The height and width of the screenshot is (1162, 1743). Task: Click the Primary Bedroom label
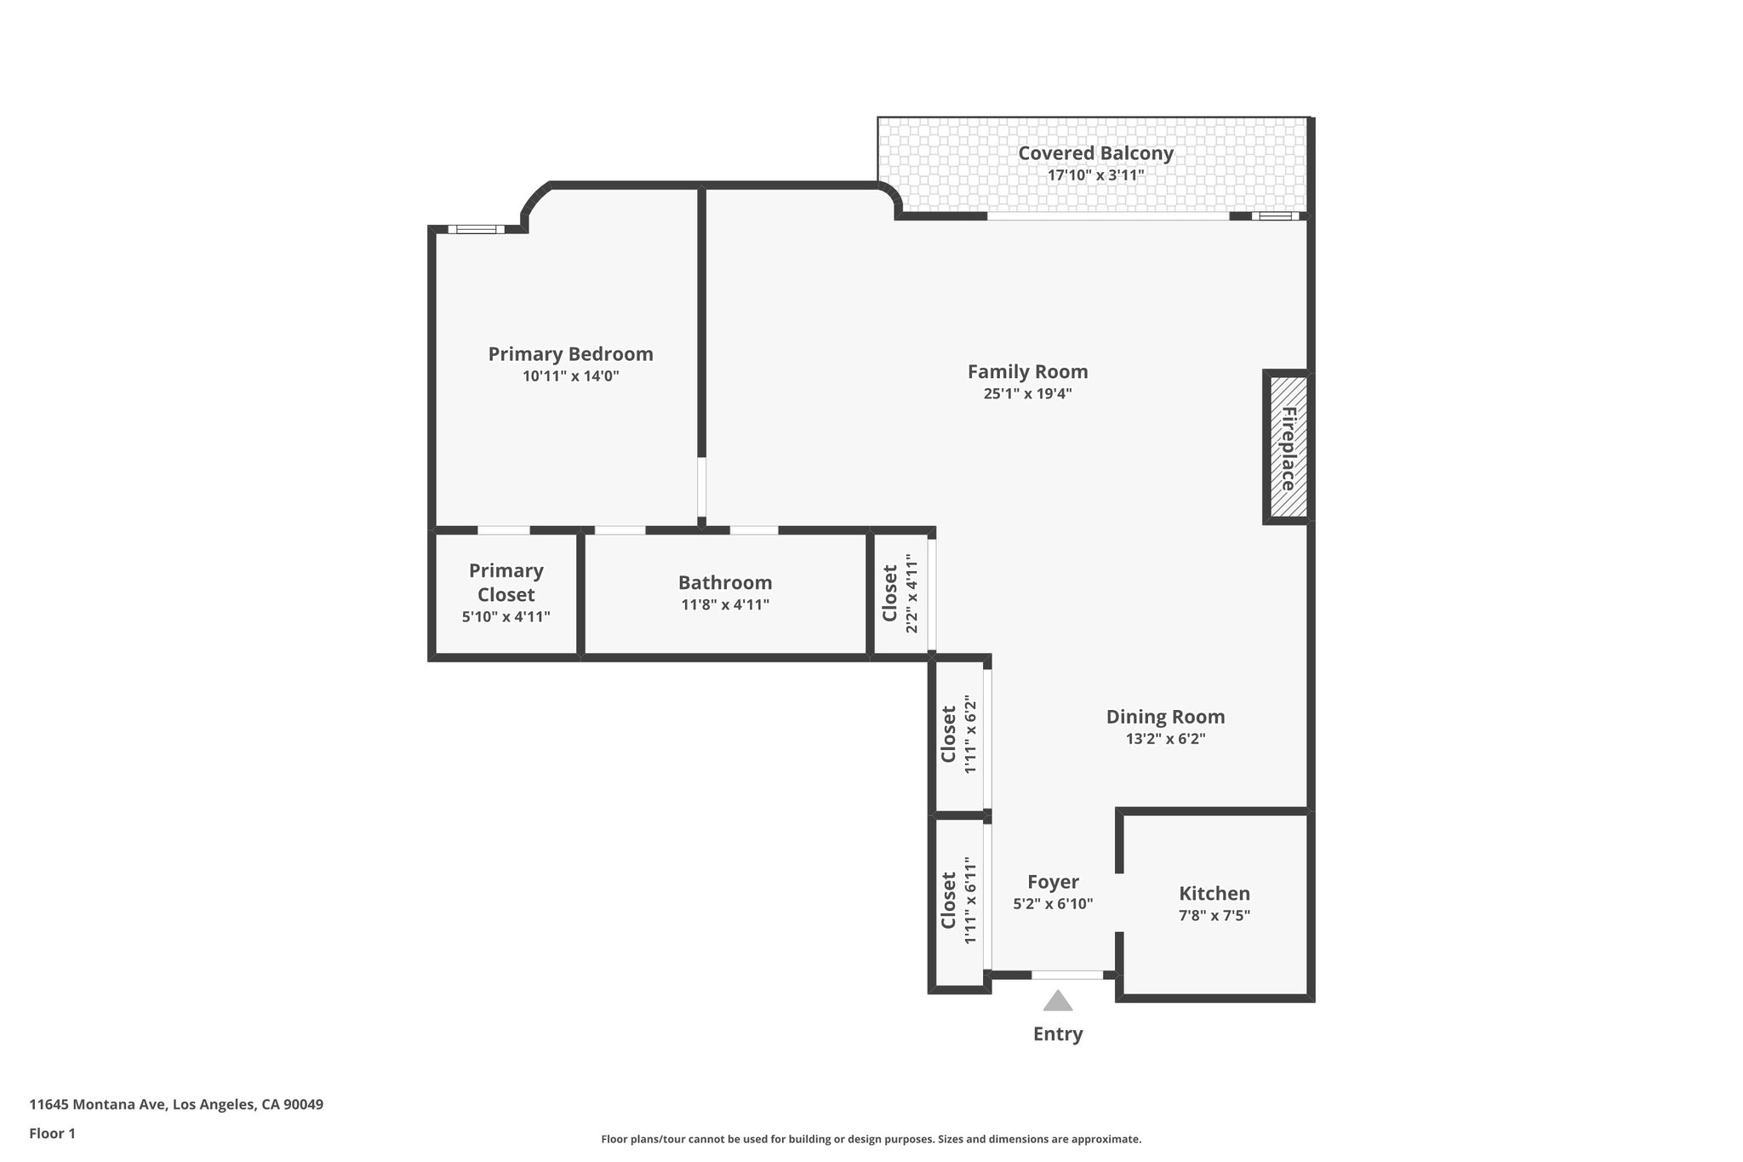570,354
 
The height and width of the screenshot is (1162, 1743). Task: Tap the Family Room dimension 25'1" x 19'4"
1027,394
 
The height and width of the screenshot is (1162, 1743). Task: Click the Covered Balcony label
1095,153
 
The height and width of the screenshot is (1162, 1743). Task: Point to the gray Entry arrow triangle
1058,1001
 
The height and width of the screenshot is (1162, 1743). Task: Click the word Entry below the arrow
1058,1034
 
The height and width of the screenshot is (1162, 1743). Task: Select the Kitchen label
1214,894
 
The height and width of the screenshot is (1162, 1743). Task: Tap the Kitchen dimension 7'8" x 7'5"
1214,916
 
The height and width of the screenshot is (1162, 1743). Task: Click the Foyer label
1053,882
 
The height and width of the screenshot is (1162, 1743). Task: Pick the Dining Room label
1165,717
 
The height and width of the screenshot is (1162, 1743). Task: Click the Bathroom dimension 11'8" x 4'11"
725,605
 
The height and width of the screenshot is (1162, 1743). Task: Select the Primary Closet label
506,582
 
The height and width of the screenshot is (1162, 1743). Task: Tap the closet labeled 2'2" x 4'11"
900,593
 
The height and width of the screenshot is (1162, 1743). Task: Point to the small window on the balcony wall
1275,216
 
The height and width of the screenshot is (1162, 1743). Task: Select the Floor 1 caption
52,1134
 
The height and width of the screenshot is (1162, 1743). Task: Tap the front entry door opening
1067,975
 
